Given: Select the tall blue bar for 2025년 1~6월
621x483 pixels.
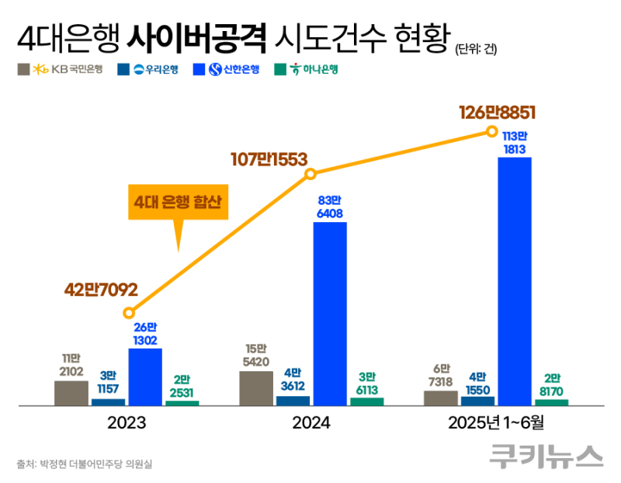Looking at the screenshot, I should coord(515,280).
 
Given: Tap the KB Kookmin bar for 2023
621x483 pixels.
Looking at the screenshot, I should coord(71,393).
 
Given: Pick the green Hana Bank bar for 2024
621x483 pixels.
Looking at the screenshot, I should coord(366,401).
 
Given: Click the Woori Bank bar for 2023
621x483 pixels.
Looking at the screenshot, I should coord(108,402).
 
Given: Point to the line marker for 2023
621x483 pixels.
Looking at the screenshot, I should coord(129,313).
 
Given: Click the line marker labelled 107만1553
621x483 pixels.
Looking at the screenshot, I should coord(308,176).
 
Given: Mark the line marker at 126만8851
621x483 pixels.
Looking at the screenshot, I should coord(491,132).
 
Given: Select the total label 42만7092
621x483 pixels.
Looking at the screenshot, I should coord(101,290).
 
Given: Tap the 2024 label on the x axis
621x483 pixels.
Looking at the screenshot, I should coord(311,424).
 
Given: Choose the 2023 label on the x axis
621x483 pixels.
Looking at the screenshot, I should coord(127,424).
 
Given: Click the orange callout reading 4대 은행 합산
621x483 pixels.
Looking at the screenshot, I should coord(178,203).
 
